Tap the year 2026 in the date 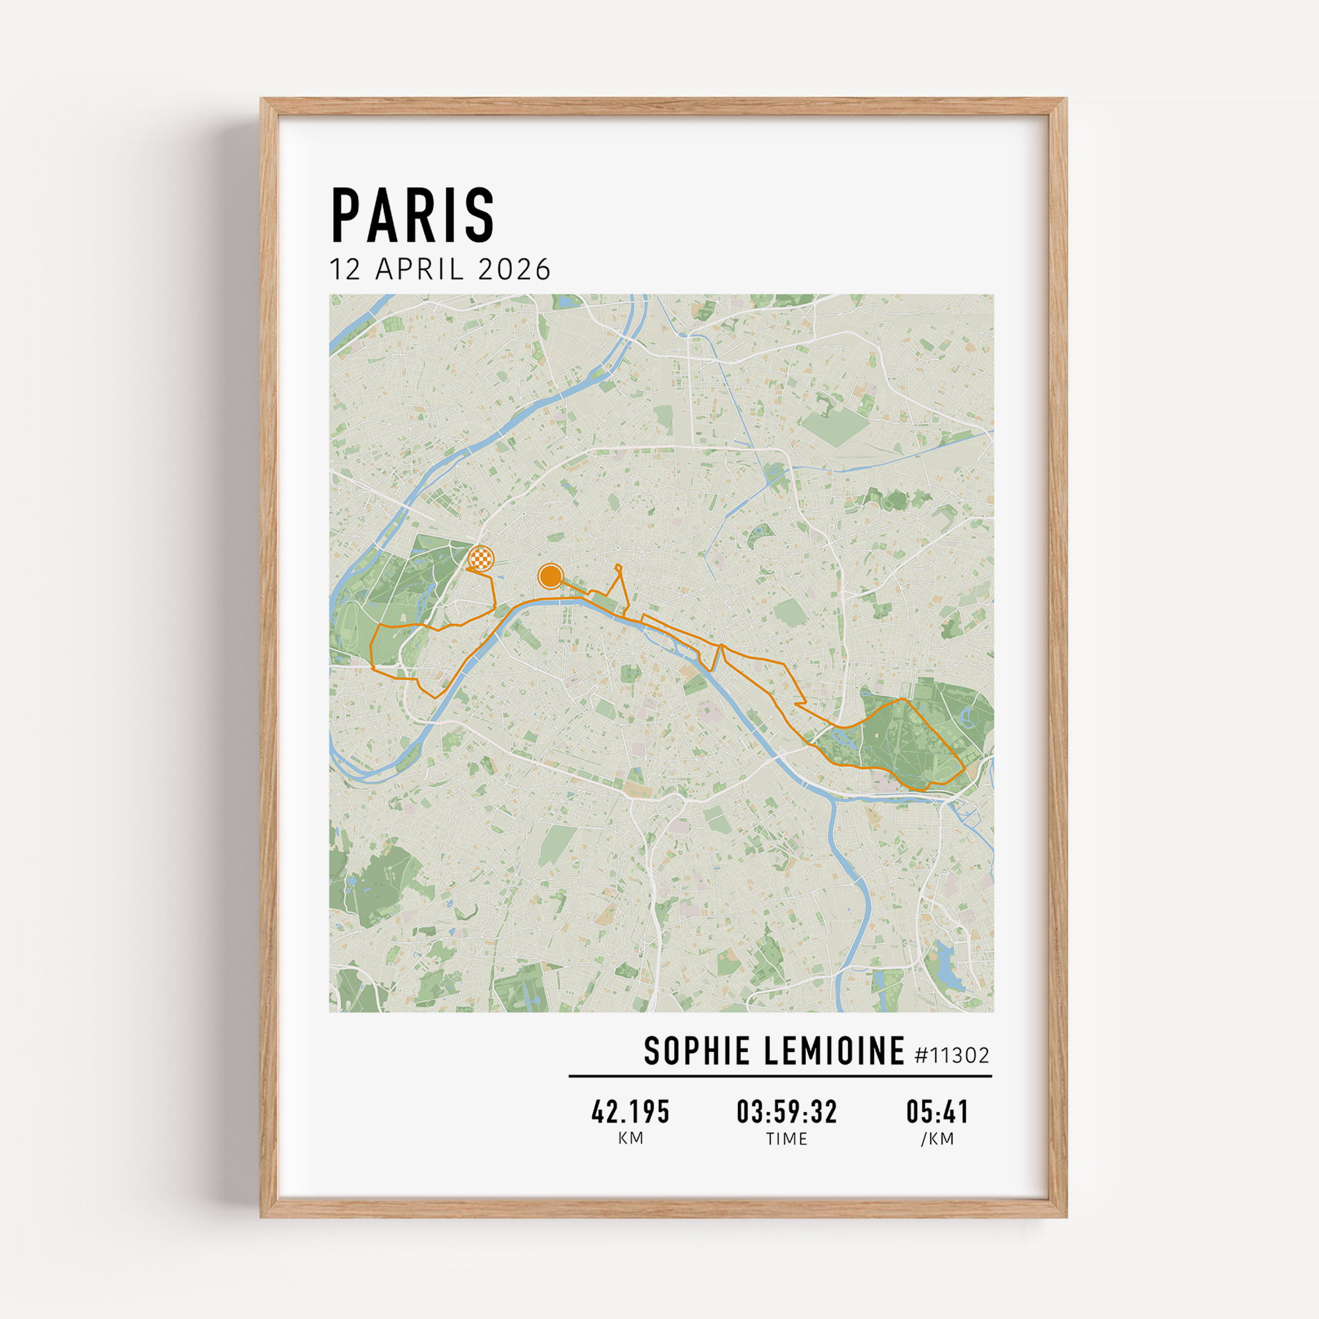coord(514,270)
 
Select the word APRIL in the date coord(420,270)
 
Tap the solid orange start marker coord(550,576)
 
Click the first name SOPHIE coord(697,1051)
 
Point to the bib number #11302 coord(952,1055)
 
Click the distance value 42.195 coord(630,1112)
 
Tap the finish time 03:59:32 coord(787,1112)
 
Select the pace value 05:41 coord(937,1112)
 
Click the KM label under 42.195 coord(630,1139)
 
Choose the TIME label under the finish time coord(787,1139)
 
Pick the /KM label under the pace coord(937,1139)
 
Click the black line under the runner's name coord(780,1076)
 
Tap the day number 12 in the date coord(345,270)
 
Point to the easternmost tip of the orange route coord(965,768)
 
